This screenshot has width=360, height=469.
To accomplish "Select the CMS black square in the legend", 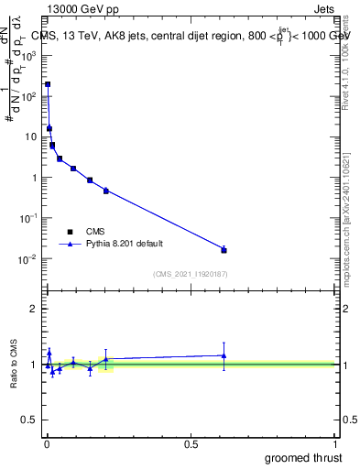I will [70, 232].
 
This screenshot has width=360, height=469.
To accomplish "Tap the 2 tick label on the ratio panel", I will [33, 309].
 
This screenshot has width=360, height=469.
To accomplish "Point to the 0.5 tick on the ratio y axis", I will [29, 420].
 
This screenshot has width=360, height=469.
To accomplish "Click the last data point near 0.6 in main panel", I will [224, 249].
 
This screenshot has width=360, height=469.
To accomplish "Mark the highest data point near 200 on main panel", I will [48, 83].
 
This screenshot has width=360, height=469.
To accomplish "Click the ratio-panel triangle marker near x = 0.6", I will [224, 355].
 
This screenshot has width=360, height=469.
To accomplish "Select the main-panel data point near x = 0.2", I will [106, 191].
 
